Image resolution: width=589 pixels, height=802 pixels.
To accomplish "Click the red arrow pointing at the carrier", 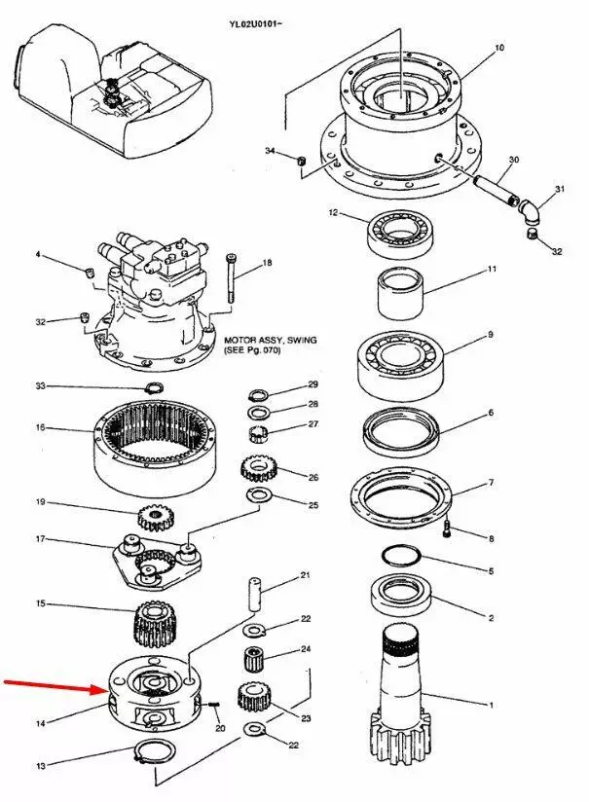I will coord(54,685).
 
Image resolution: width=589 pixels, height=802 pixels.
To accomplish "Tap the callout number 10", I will coord(499,47).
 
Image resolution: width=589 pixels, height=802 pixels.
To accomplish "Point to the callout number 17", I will coord(41,538).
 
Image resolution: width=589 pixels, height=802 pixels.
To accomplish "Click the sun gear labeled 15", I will coord(151,623).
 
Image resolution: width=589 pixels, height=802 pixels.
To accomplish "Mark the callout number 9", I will coord(491,335).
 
